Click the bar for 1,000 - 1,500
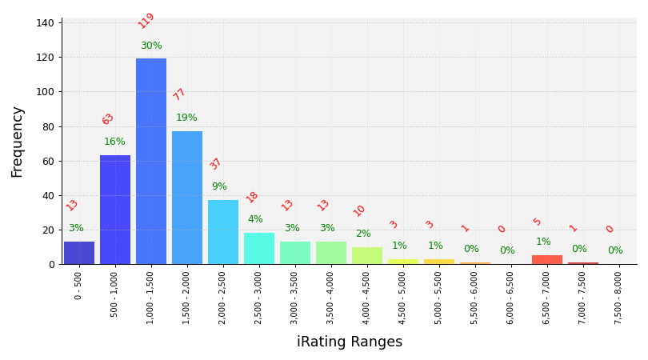point(151,161)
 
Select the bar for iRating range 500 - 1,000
point(115,210)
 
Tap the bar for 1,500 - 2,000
point(187,198)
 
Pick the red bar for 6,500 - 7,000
point(547,260)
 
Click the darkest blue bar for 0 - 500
point(79,253)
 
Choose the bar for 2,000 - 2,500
point(223,232)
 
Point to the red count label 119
point(146,21)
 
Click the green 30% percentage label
point(151,46)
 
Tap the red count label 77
point(180,94)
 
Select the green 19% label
point(186,118)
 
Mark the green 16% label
point(114,142)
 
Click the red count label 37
point(216,164)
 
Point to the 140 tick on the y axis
point(45,23)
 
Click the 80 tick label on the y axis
point(48,126)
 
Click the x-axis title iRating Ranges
point(350,342)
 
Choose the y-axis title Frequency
point(18,142)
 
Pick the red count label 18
point(252,197)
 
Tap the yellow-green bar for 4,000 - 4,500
point(367,256)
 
